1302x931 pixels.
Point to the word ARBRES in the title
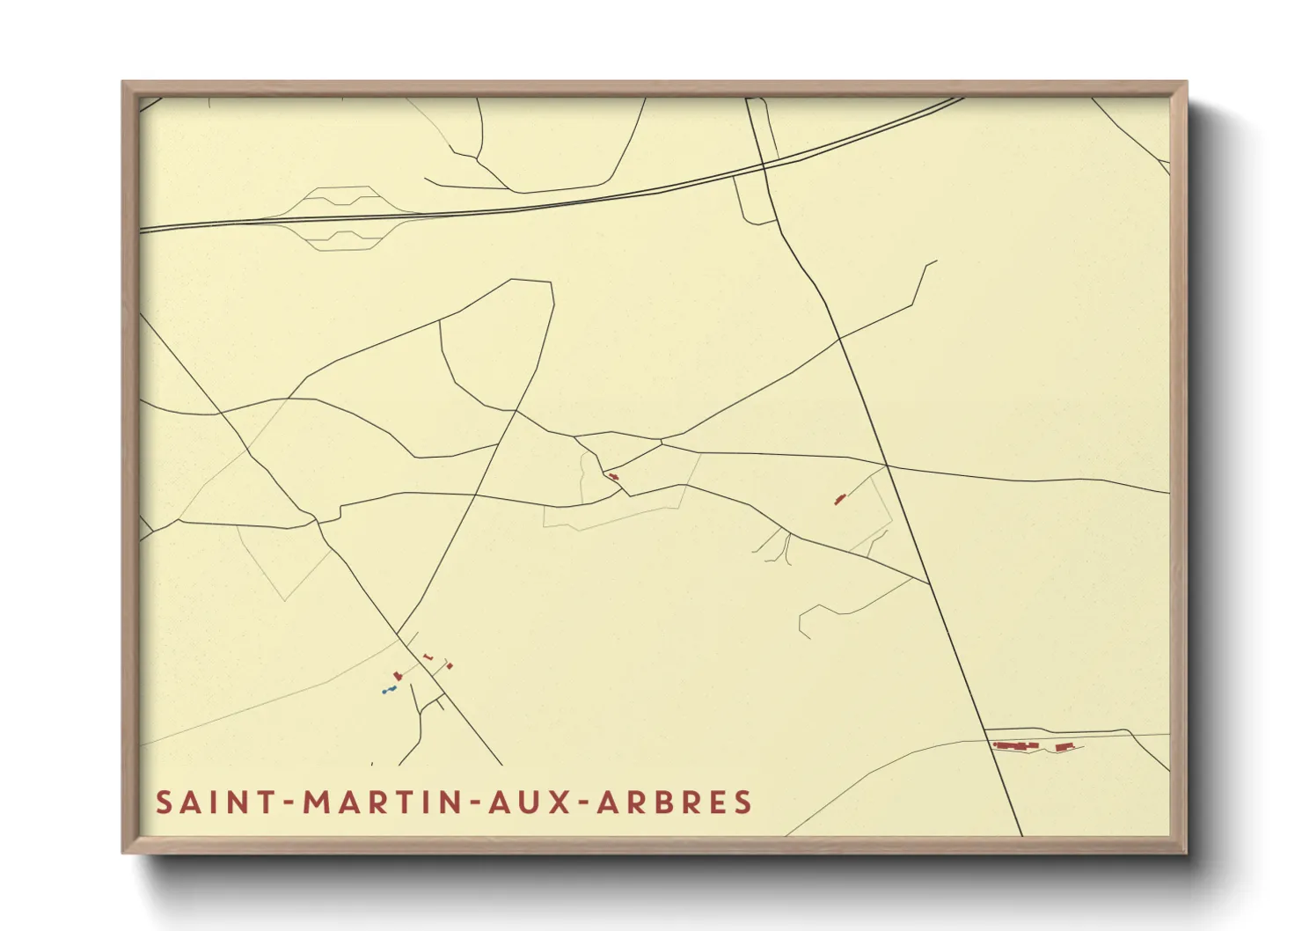pyautogui.click(x=675, y=803)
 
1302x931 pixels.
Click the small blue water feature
pyautogui.click(x=389, y=690)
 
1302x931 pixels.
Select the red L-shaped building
pyautogui.click(x=428, y=656)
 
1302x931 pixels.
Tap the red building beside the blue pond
pyautogui.click(x=398, y=675)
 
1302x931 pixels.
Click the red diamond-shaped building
pyautogui.click(x=450, y=666)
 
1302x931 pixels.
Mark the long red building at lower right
pyautogui.click(x=1016, y=746)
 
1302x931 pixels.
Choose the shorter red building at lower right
pyautogui.click(x=1064, y=747)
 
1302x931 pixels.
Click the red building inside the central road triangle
pyautogui.click(x=613, y=477)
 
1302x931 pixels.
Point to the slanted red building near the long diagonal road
pyautogui.click(x=839, y=500)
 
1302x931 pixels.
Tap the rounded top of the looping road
pyautogui.click(x=530, y=281)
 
